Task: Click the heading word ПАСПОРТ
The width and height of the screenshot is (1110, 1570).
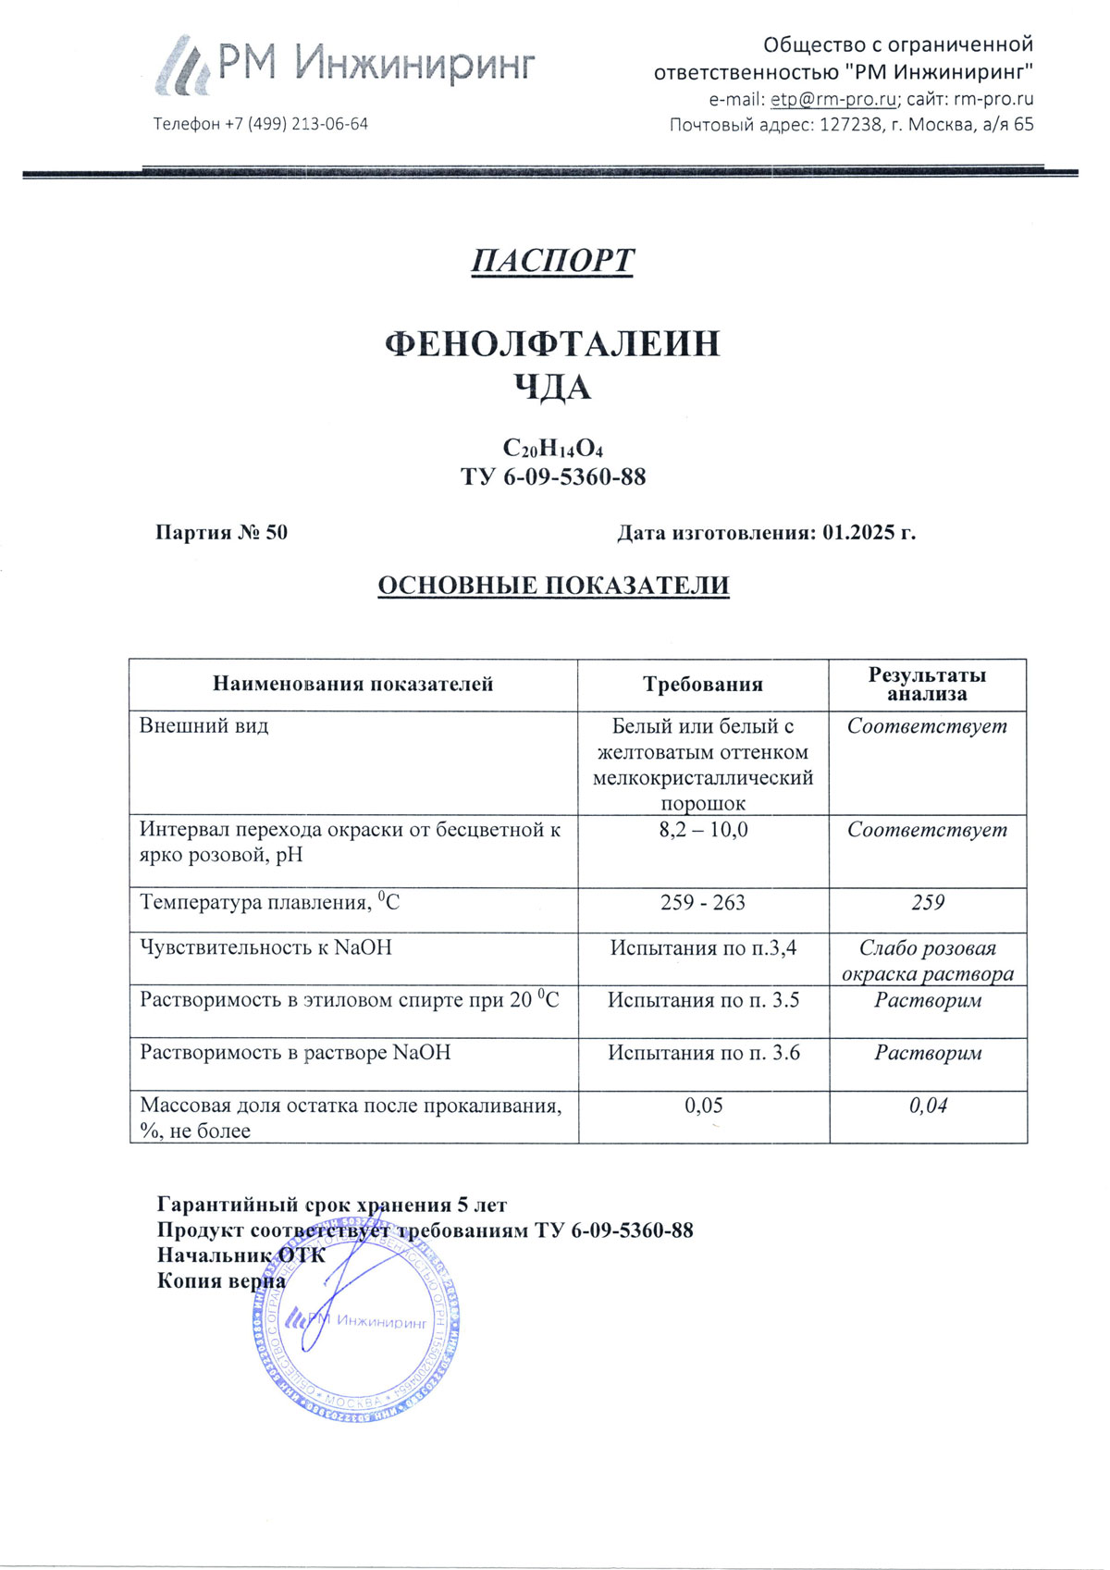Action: [x=552, y=261]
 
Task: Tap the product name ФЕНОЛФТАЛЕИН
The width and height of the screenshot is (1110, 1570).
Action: [x=552, y=344]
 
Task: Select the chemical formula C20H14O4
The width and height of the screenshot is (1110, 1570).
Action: [x=552, y=449]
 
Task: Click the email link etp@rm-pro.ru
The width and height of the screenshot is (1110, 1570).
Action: [x=832, y=99]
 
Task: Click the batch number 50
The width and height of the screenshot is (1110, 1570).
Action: [x=277, y=532]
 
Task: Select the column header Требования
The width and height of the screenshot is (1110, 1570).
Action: [x=703, y=685]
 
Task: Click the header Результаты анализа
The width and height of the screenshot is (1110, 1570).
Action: [x=927, y=685]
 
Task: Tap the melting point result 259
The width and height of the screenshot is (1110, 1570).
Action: [x=928, y=902]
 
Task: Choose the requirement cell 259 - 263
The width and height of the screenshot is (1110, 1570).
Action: [x=703, y=902]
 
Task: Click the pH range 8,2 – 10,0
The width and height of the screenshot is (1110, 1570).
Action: [x=703, y=830]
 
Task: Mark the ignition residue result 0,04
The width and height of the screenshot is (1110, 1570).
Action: [x=928, y=1106]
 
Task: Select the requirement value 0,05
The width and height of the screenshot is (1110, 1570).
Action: [x=703, y=1106]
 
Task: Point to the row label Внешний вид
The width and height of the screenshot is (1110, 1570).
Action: [x=203, y=726]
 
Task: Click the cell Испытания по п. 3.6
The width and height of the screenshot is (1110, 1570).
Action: [x=703, y=1053]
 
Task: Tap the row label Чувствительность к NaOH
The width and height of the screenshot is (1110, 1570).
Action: [x=265, y=947]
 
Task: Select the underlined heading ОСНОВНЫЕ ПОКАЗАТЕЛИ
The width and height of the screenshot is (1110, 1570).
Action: [x=553, y=586]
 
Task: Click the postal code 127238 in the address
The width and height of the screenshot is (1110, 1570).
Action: [x=851, y=124]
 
